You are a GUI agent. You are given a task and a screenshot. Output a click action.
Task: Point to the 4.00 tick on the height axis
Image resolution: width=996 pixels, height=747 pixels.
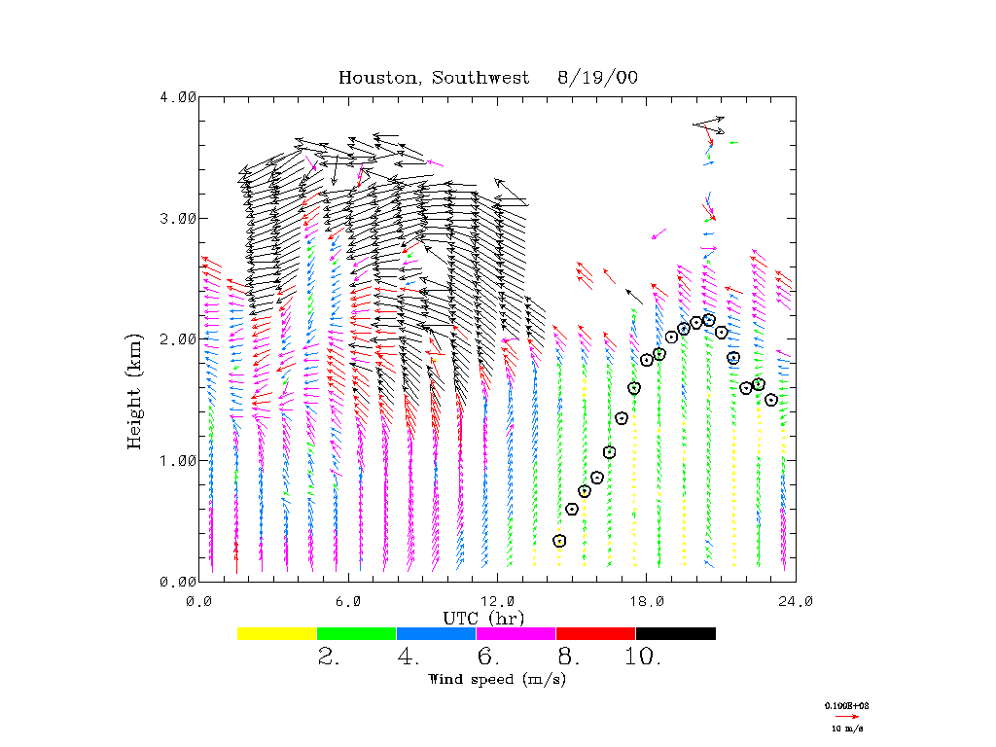pos(178,97)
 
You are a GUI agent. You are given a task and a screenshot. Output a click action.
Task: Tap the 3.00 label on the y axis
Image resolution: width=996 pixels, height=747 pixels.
pos(178,218)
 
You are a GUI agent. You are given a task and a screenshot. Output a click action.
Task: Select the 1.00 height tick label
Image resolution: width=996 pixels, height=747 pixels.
pos(178,460)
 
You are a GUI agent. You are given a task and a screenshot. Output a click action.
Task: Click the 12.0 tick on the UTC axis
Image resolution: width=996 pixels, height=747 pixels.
pos(497,601)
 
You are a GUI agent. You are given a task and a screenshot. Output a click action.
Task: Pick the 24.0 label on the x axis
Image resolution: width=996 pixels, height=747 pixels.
pos(796,601)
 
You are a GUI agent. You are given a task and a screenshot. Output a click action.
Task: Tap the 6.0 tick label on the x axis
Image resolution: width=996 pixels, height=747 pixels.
pos(348,601)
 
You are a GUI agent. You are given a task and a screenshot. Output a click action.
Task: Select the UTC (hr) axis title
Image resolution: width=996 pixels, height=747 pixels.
pos(483,618)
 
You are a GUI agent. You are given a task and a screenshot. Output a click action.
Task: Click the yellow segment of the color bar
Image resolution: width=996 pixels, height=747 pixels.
pos(276,633)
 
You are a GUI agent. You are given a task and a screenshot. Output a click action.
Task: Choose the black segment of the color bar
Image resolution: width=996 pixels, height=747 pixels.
pos(675,633)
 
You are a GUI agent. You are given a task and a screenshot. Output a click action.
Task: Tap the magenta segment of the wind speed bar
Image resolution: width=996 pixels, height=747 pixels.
pos(516,633)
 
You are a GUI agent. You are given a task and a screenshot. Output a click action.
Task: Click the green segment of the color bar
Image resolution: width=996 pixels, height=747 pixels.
pos(356,633)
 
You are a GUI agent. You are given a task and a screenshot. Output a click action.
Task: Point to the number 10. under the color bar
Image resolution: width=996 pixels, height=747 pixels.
pos(643,658)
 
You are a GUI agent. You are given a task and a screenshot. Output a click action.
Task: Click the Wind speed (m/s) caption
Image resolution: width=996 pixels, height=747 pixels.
pos(496,679)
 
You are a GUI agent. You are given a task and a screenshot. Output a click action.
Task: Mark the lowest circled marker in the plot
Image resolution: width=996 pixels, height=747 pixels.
pos(559,541)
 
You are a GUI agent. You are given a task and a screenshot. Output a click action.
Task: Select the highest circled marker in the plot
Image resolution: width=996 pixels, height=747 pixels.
pos(709,320)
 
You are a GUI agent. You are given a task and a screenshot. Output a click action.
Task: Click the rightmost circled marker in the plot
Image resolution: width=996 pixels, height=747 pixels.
pos(771,400)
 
